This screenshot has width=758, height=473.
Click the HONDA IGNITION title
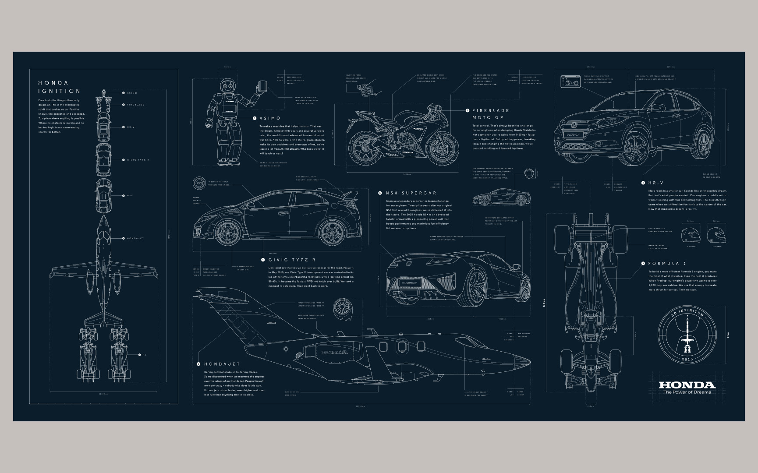tap(59, 87)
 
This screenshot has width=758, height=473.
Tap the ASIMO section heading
tap(269, 118)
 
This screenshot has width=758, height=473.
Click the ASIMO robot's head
tap(228, 87)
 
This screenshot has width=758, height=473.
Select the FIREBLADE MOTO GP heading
tap(491, 114)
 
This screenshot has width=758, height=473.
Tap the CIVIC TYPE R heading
tap(291, 260)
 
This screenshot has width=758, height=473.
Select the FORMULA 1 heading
tap(666, 264)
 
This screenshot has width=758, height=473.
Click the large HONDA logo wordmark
tap(687, 385)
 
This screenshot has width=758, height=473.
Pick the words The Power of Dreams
tap(687, 392)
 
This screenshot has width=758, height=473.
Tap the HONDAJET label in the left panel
tap(135, 239)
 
